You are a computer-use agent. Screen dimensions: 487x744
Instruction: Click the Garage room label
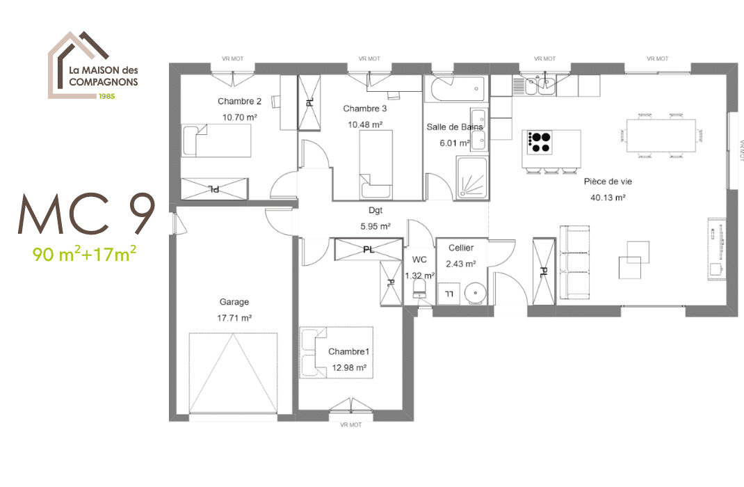234,302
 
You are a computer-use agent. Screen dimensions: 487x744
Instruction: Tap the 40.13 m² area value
608,197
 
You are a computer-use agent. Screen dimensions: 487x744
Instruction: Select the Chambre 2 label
239,101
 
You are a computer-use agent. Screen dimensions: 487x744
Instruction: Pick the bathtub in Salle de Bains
455,88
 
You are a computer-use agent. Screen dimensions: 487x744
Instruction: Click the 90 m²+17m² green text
85,254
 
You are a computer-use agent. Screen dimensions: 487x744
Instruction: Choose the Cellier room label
461,248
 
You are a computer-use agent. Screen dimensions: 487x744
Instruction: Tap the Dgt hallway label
375,209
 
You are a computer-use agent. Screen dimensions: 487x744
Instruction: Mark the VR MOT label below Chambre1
351,424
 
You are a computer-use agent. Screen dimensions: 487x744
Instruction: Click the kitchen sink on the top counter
538,86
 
